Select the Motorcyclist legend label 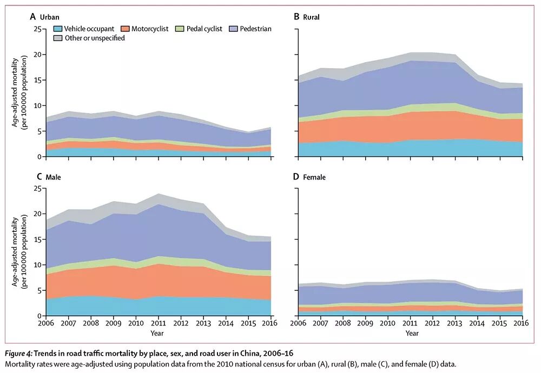150,29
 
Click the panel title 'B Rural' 306,17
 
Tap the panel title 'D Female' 309,177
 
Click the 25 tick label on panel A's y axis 37,29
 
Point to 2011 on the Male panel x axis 159,323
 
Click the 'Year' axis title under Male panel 158,333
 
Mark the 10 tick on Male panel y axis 37,265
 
